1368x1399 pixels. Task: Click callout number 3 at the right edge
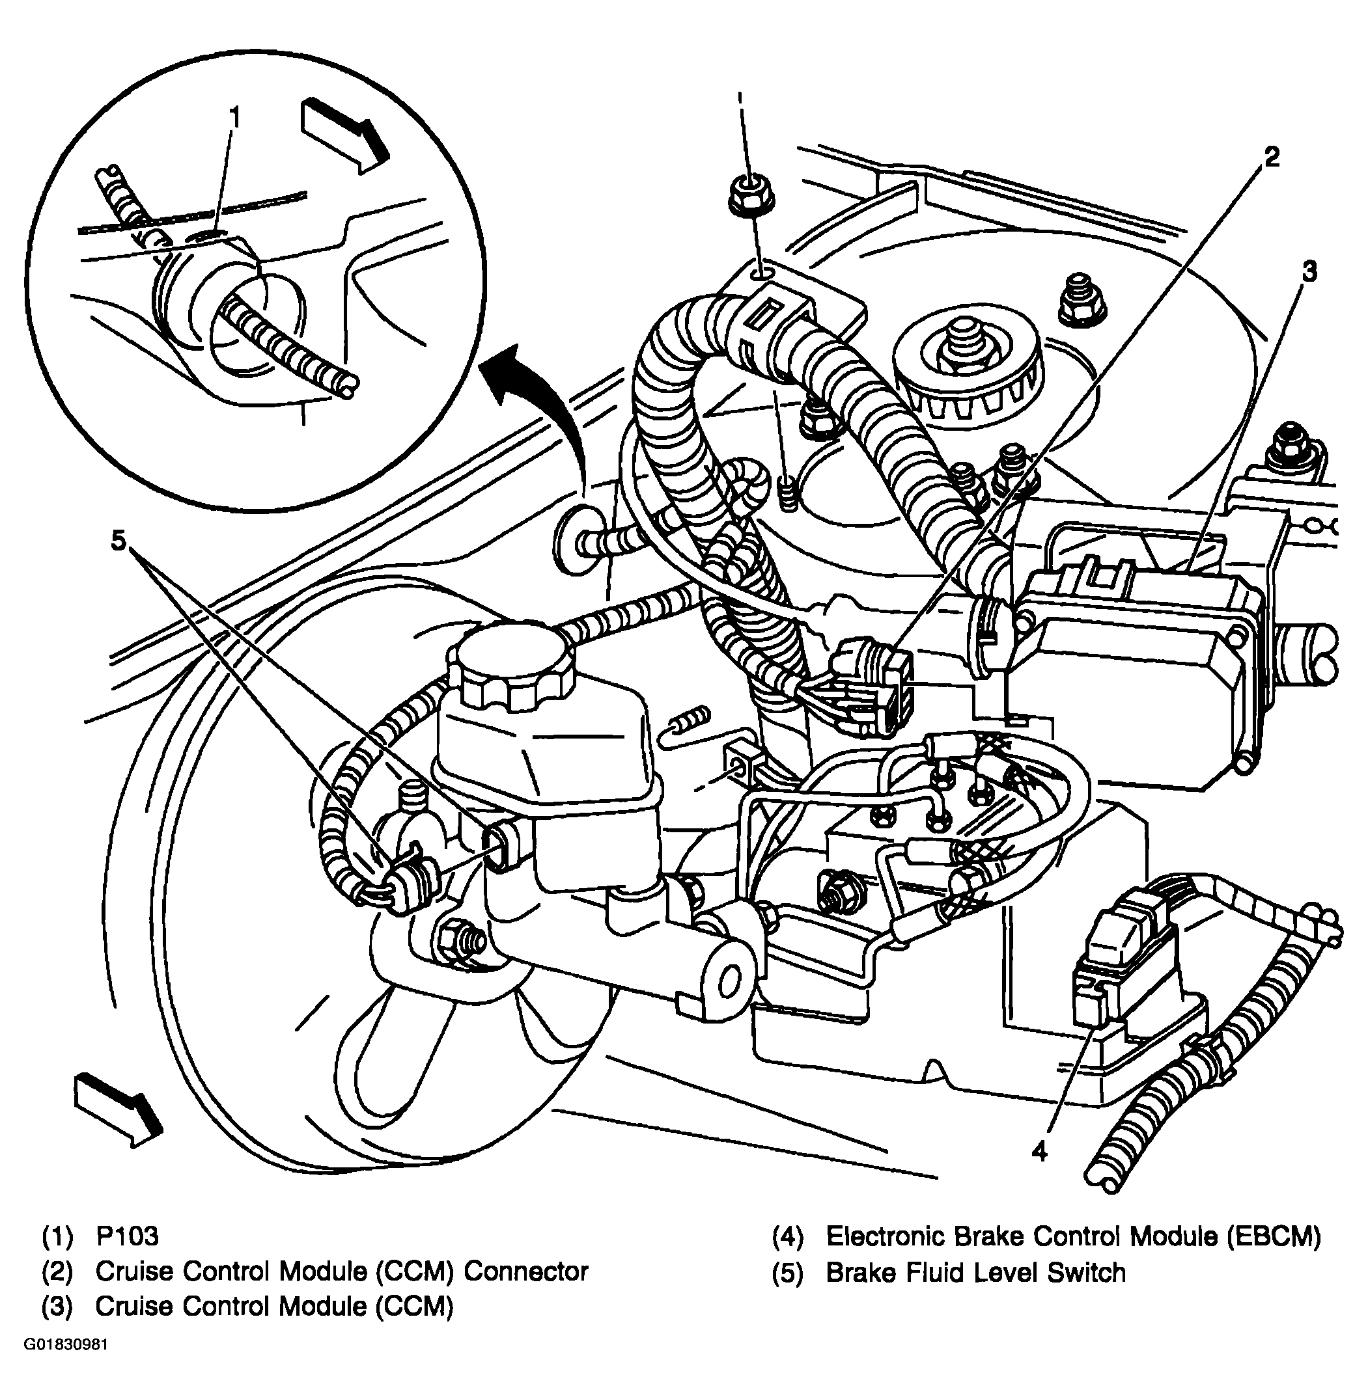pyautogui.click(x=1310, y=272)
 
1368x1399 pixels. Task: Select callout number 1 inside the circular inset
pyautogui.click(x=234, y=116)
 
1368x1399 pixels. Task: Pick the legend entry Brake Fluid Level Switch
pyautogui.click(x=975, y=1273)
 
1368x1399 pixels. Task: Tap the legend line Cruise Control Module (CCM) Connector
pyautogui.click(x=341, y=1272)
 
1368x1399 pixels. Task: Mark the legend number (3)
pyautogui.click(x=57, y=1307)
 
